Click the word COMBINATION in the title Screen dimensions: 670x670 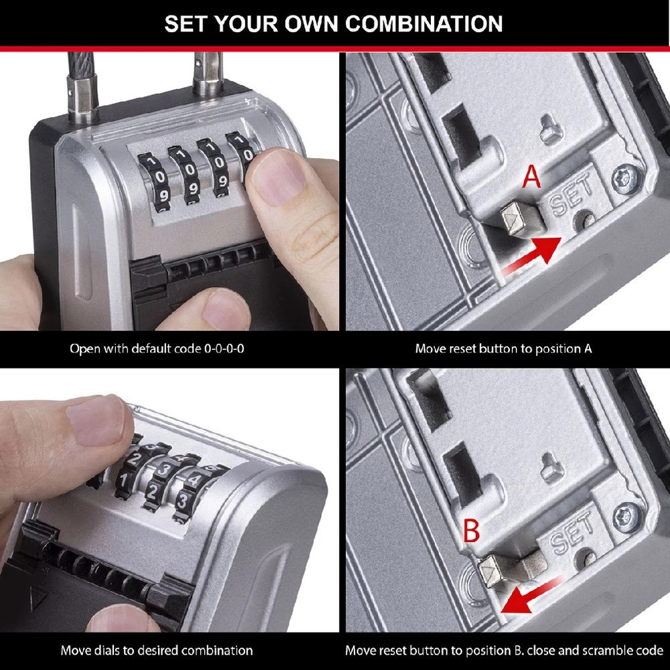pyautogui.click(x=423, y=23)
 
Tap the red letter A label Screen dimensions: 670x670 pyautogui.click(x=531, y=179)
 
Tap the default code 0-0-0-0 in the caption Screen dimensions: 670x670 pyautogui.click(x=224, y=349)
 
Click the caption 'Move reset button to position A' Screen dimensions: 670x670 pyautogui.click(x=503, y=349)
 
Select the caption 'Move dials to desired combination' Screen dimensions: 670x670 pyautogui.click(x=157, y=651)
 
